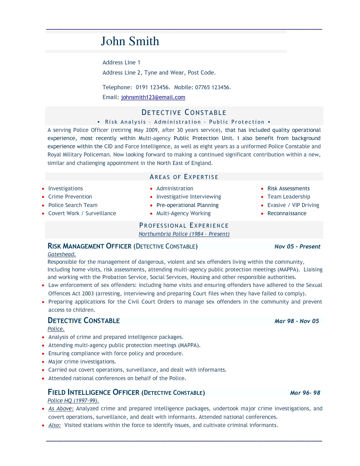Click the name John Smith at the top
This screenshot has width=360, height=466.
tap(130, 41)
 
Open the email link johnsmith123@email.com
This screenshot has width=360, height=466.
tap(153, 97)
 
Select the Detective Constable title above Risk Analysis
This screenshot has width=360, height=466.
tap(184, 112)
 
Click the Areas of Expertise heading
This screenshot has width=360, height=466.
tap(184, 177)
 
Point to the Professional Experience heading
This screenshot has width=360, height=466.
tap(184, 225)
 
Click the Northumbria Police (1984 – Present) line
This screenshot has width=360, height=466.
tap(184, 234)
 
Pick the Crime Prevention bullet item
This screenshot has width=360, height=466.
tap(70, 197)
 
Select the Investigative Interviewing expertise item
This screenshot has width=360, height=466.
tap(189, 197)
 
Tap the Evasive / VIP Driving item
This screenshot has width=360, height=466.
tap(293, 205)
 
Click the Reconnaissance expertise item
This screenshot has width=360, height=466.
tap(287, 214)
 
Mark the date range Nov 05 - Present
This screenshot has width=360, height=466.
tap(297, 247)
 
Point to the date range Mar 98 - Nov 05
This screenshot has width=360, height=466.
tap(296, 321)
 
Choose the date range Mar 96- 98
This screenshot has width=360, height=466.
tap(305, 393)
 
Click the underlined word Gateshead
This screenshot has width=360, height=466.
tap(62, 254)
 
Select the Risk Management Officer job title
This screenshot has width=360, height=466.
tap(90, 246)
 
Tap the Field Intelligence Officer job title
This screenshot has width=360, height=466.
tap(93, 393)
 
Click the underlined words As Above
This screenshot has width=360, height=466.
tap(61, 409)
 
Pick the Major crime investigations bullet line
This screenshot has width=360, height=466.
tap(82, 362)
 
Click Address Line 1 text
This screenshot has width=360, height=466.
tap(121, 62)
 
